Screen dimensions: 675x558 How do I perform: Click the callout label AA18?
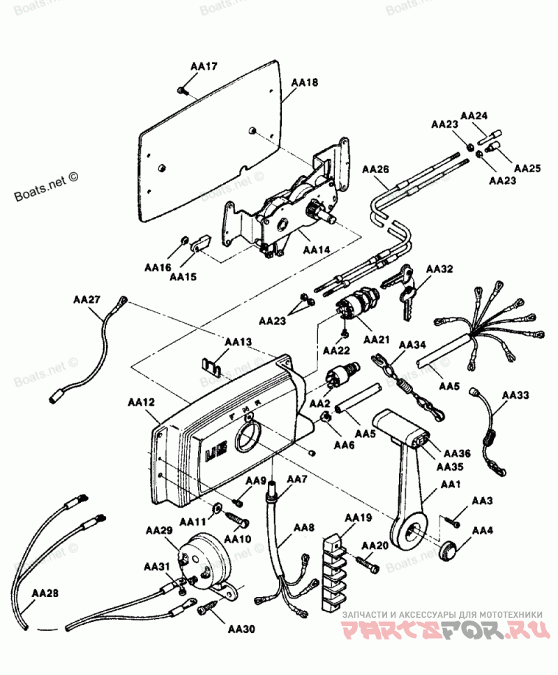(x=305, y=82)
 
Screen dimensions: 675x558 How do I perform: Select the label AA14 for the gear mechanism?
(x=316, y=250)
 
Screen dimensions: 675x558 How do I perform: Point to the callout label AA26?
(x=376, y=169)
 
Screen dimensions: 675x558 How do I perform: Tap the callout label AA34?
(x=412, y=344)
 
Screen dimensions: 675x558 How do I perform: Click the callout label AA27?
(x=86, y=300)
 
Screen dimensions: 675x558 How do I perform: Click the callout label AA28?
(x=45, y=594)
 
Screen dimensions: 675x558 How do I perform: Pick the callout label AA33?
(x=515, y=395)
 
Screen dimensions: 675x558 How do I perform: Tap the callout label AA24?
(x=474, y=115)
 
